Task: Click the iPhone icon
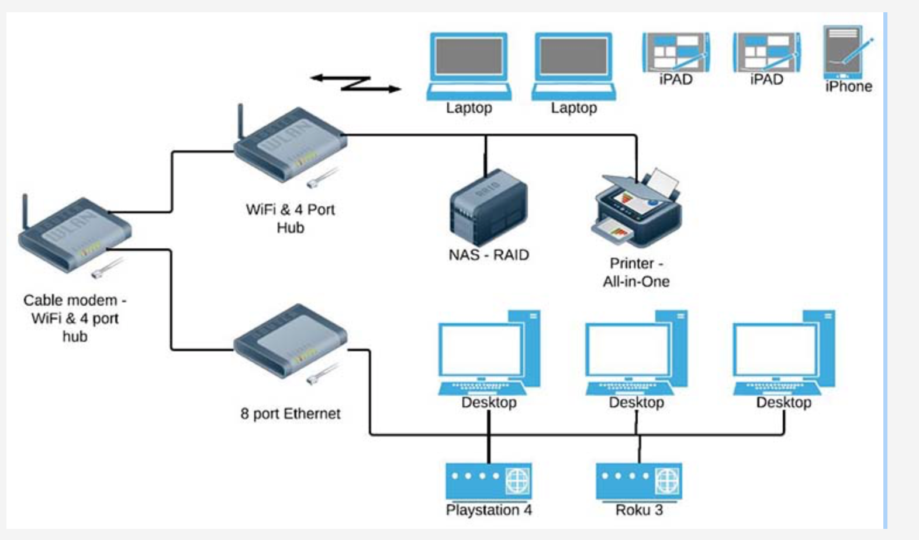pos(844,53)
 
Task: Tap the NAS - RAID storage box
pos(488,207)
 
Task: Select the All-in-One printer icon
pos(637,207)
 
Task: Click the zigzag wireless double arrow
pos(355,84)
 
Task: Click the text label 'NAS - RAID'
pos(489,255)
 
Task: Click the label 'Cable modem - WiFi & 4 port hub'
pos(75,318)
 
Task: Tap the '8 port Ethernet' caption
pos(290,414)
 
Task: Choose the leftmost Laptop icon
pos(469,65)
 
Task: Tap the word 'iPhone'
pos(848,86)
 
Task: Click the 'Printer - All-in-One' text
pos(636,272)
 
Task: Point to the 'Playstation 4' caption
pos(489,510)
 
